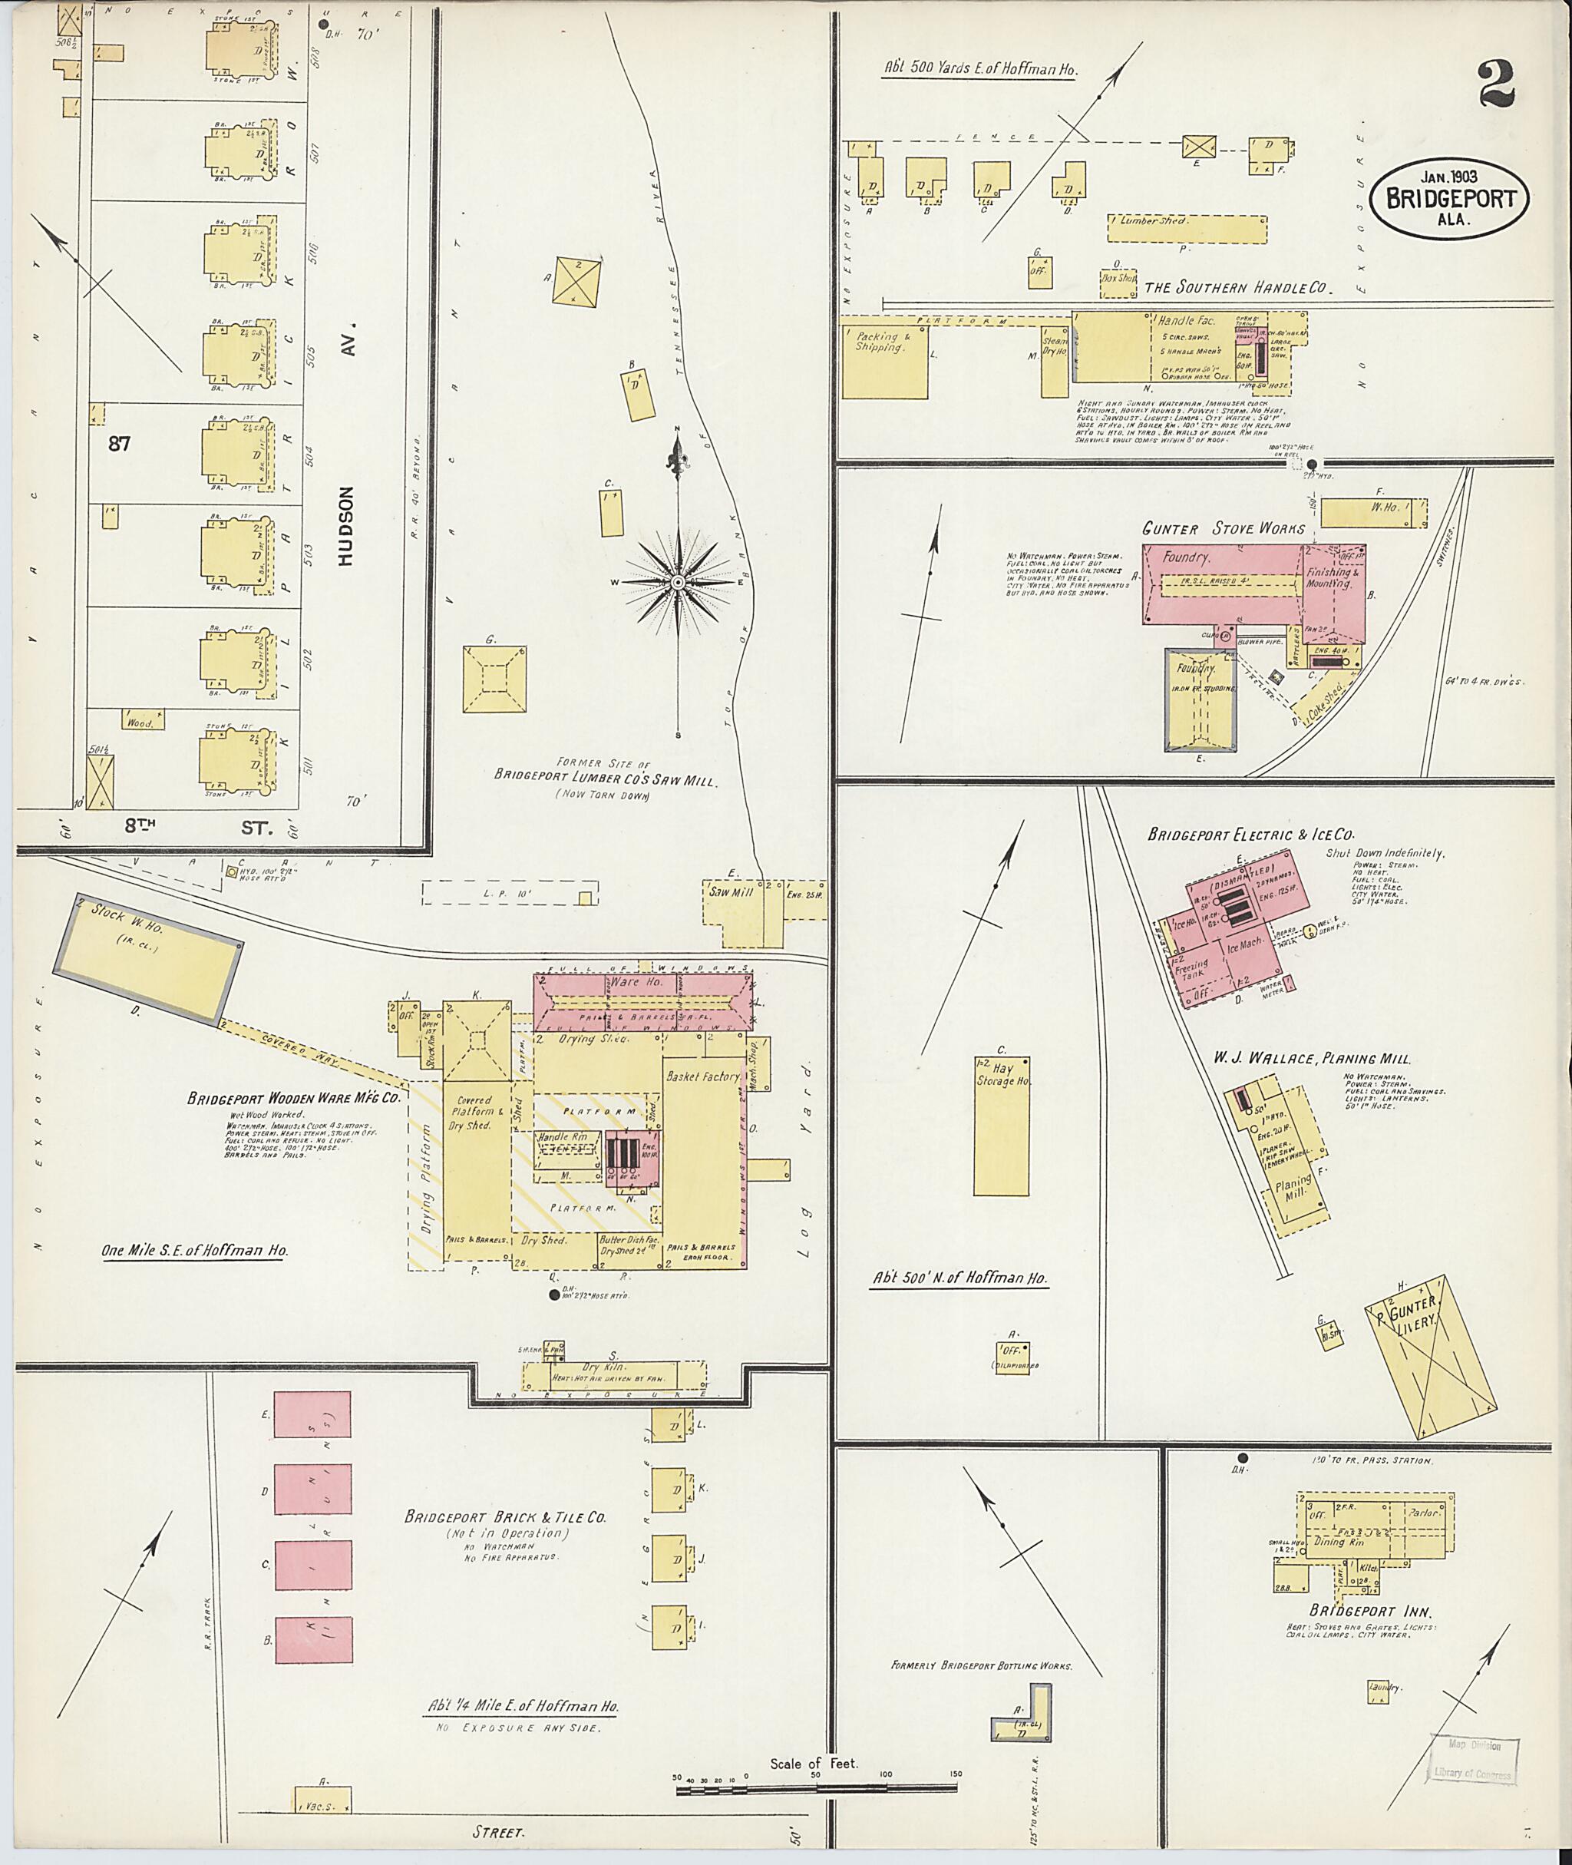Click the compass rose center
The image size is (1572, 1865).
[x=677, y=582]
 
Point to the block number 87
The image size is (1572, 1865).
[x=121, y=443]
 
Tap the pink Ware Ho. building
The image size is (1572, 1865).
[x=643, y=1003]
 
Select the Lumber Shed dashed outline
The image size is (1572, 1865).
[x=1187, y=228]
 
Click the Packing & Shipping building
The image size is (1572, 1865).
[x=885, y=361]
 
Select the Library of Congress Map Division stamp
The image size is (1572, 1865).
[x=1472, y=1760]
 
